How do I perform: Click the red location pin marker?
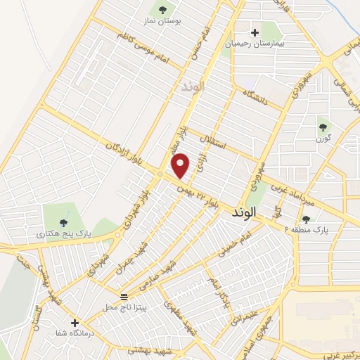181,166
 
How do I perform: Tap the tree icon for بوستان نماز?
163,10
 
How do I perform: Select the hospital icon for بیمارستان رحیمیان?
255,32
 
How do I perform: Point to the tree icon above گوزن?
323,127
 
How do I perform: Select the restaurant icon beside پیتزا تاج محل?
124,296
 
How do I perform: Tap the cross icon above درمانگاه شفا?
75,323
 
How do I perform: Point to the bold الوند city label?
241,212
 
